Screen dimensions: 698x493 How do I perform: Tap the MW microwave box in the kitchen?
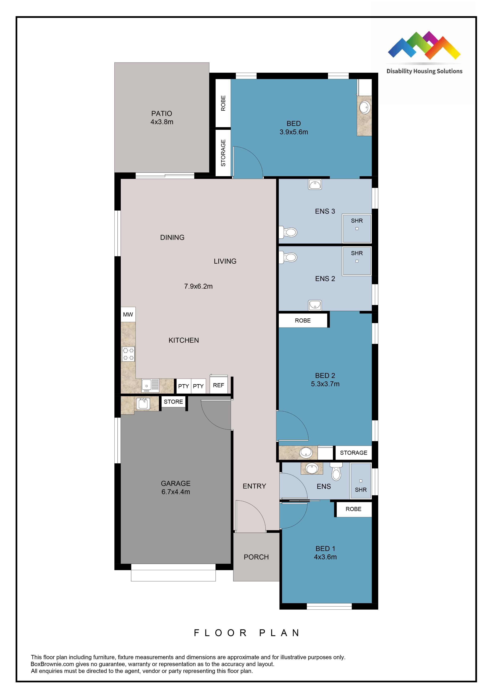click(128, 314)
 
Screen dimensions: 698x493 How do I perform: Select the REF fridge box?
click(218, 385)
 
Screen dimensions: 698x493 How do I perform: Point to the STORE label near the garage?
click(173, 402)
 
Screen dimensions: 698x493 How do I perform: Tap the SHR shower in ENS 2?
click(357, 261)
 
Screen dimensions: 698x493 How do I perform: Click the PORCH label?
click(256, 557)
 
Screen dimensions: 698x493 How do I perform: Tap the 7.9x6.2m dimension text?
click(198, 286)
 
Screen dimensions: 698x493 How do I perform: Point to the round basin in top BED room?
click(365, 107)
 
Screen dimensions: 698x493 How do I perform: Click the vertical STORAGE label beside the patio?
click(223, 153)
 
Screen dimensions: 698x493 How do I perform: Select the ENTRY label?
click(254, 486)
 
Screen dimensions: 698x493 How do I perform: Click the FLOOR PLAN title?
click(247, 633)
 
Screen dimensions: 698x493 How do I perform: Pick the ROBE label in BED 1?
click(353, 509)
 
